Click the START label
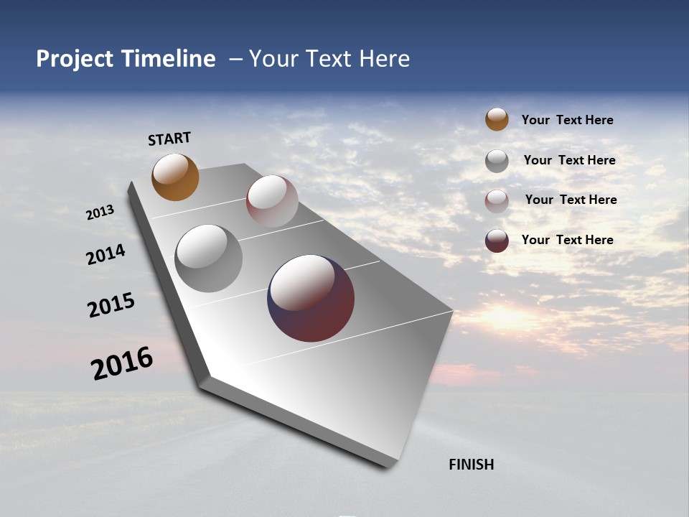click(x=169, y=139)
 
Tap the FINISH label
click(x=471, y=465)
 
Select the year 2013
click(x=100, y=213)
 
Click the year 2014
click(x=106, y=255)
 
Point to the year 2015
click(x=111, y=305)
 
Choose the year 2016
click(x=121, y=363)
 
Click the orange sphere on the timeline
click(x=175, y=177)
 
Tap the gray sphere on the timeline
click(x=208, y=258)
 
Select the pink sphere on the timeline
click(x=272, y=201)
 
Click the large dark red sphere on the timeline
click(x=311, y=298)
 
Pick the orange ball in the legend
click(x=497, y=119)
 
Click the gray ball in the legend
click(x=497, y=161)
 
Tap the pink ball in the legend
click(x=497, y=201)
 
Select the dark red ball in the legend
click(x=497, y=241)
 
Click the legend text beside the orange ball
click(x=567, y=120)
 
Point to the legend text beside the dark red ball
click(x=567, y=240)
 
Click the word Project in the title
click(x=75, y=59)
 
